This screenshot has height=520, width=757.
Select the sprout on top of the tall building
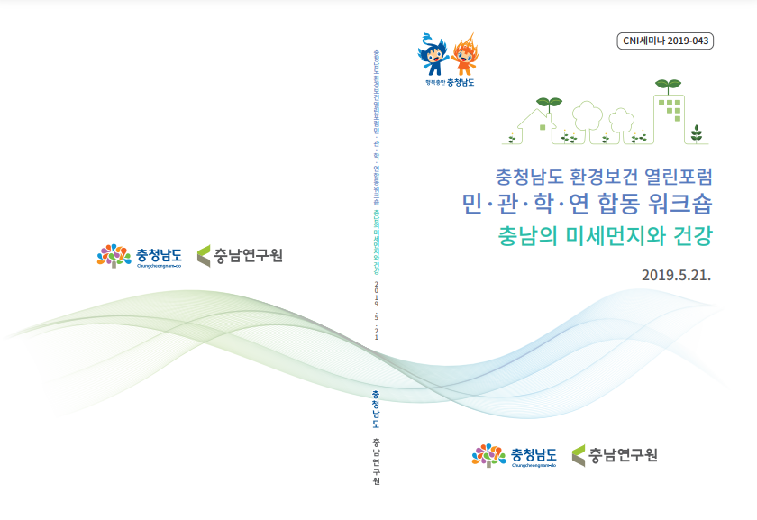667,85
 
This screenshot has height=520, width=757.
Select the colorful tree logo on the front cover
488,455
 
